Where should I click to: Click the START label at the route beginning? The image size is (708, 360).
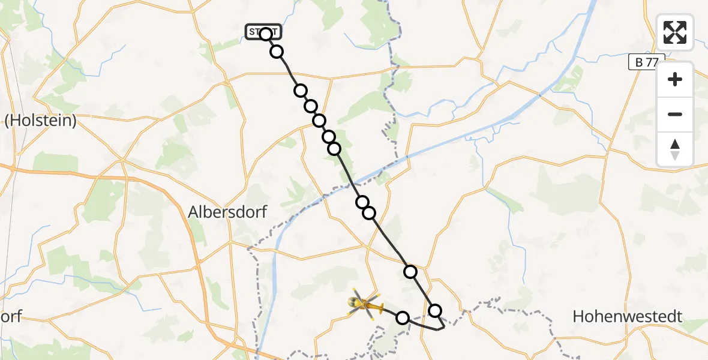(x=263, y=32)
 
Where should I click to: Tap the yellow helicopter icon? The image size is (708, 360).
(x=364, y=305)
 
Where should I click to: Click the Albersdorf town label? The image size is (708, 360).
(x=227, y=212)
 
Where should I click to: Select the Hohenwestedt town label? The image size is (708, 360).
(x=628, y=316)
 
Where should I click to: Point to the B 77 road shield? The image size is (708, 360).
(x=647, y=62)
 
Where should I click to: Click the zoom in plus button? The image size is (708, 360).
(x=675, y=79)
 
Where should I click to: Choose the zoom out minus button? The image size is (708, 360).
(x=675, y=114)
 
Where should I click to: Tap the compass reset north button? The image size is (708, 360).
(x=675, y=149)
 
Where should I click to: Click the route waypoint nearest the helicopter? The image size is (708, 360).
(x=403, y=318)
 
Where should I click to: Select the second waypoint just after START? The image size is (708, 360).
(x=277, y=52)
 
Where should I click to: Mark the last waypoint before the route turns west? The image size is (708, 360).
(x=435, y=310)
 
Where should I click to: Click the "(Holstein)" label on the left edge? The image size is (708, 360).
(x=41, y=121)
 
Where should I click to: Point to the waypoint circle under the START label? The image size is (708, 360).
(x=266, y=34)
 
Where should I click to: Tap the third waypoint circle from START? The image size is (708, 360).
(x=300, y=91)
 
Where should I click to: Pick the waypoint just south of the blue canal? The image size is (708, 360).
(x=362, y=202)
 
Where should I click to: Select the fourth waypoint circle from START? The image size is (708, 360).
(x=311, y=106)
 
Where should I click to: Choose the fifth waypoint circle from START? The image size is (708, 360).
(x=319, y=121)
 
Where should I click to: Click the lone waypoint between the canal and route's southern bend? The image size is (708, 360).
(x=410, y=272)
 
